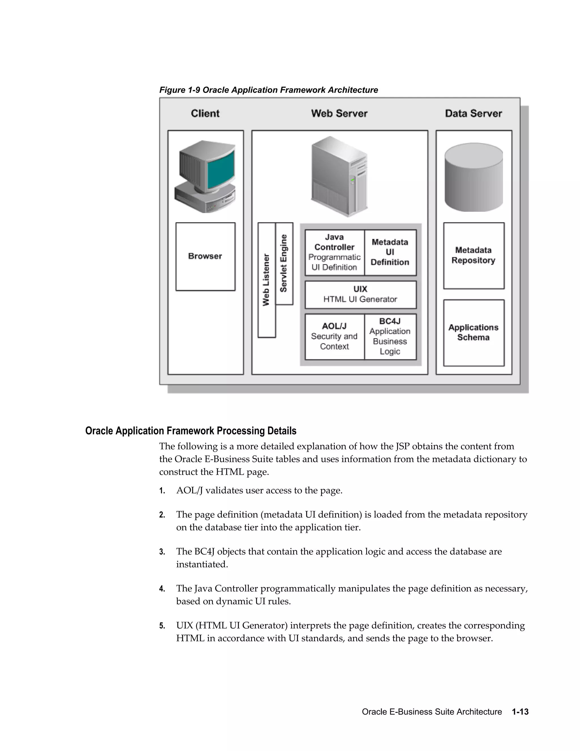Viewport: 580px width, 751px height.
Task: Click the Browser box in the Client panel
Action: [205, 256]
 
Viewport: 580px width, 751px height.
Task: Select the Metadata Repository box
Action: [474, 256]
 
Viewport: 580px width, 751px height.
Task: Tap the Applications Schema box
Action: [474, 332]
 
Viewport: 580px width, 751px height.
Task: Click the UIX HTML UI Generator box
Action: [360, 295]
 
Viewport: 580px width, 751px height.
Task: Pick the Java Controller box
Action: [334, 253]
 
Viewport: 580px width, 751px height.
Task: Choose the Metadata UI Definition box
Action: [390, 253]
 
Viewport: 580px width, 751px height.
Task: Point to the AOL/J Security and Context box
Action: [334, 336]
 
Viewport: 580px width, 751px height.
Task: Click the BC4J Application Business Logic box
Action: [390, 336]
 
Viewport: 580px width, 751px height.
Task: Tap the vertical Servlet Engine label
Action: [284, 263]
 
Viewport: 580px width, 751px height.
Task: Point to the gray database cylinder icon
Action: [474, 177]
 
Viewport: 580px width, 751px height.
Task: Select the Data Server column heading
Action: [473, 113]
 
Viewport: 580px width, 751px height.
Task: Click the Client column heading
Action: [205, 113]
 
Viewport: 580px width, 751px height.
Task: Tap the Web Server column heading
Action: [339, 113]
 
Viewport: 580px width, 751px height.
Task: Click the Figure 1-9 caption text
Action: [268, 90]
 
